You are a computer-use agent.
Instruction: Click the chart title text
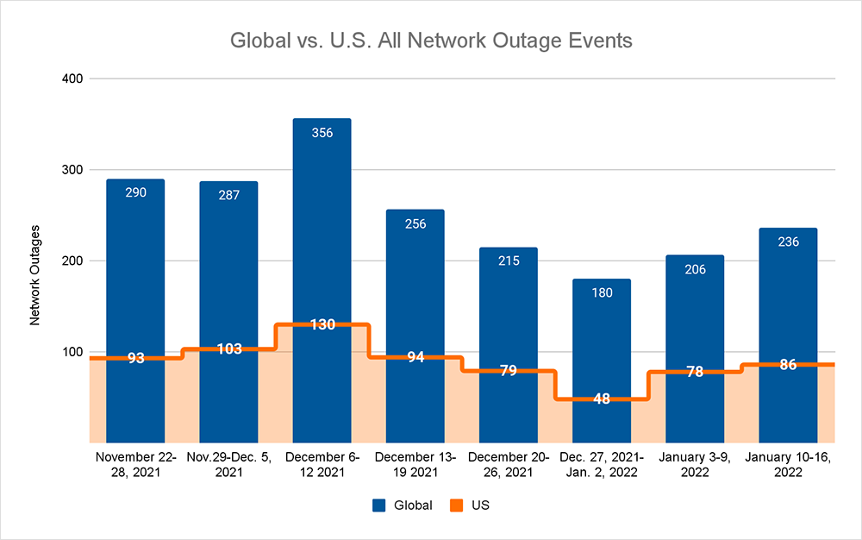tap(430, 41)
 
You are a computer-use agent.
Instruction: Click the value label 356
tap(322, 133)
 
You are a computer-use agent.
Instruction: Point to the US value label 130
tap(322, 325)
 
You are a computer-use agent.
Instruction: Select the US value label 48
tap(602, 399)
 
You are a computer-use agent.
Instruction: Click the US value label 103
tap(228, 349)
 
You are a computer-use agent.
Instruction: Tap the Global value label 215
tap(509, 261)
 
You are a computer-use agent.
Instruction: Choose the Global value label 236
tap(788, 242)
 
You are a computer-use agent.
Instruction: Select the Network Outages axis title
tap(35, 274)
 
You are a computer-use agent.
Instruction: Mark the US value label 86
tap(788, 365)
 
